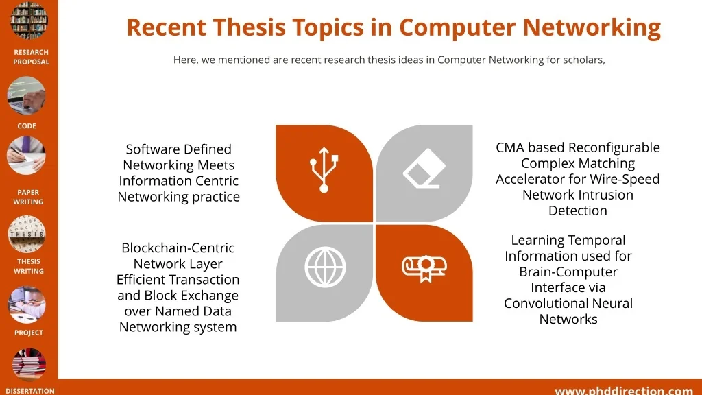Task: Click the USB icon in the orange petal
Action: (x=324, y=170)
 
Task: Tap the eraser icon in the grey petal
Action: (x=424, y=169)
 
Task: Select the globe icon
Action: (x=325, y=267)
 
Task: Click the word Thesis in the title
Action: (x=250, y=27)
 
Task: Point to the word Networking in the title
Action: (x=592, y=27)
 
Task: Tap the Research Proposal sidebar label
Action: (x=31, y=57)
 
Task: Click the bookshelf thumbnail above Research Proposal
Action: (x=29, y=21)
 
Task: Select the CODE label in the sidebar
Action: (x=27, y=126)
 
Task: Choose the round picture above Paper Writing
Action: (x=27, y=156)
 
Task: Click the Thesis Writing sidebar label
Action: (x=29, y=266)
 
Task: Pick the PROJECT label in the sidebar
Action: (x=29, y=333)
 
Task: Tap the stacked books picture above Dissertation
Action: (x=29, y=366)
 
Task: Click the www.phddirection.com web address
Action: (x=624, y=390)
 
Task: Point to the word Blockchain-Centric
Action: (x=178, y=248)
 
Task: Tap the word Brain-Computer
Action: (x=568, y=272)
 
